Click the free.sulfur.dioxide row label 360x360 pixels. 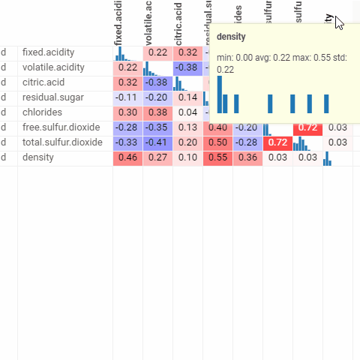pos(61,127)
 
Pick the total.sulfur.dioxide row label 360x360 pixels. pos(62,142)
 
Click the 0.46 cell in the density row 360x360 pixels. pos(127,157)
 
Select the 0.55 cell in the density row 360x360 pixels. pos(217,157)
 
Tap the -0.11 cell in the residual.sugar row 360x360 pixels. pos(127,97)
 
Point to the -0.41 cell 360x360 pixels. pos(157,142)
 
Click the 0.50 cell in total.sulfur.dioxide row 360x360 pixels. pos(217,142)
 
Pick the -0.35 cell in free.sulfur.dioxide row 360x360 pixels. pos(157,127)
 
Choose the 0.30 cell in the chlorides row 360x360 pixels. pos(127,112)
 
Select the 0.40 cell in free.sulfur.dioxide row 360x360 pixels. pos(217,127)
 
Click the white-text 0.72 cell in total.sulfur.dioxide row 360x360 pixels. pos(277,142)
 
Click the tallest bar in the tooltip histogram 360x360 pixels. pos(220,94)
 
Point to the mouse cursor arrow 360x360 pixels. pos(339,22)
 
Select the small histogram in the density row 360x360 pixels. pos(327,158)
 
